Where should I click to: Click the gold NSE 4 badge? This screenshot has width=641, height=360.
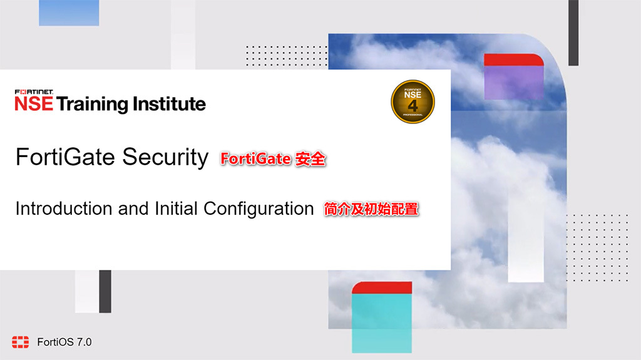[x=413, y=101]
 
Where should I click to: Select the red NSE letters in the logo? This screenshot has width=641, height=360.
[x=34, y=104]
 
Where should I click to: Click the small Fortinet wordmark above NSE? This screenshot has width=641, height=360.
[x=34, y=92]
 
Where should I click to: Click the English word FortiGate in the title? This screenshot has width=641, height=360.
[x=66, y=157]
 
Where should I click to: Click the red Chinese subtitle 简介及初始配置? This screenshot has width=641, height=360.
[x=371, y=209]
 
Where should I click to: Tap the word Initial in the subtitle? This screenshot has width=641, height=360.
[x=176, y=208]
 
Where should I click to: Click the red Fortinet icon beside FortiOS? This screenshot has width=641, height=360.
[x=20, y=342]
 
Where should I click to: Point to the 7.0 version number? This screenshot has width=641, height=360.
[x=84, y=342]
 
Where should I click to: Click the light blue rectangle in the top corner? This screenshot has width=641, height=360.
[x=69, y=13]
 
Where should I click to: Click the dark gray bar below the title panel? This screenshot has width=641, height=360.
[x=105, y=291]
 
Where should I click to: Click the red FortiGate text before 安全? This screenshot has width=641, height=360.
[x=255, y=159]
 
